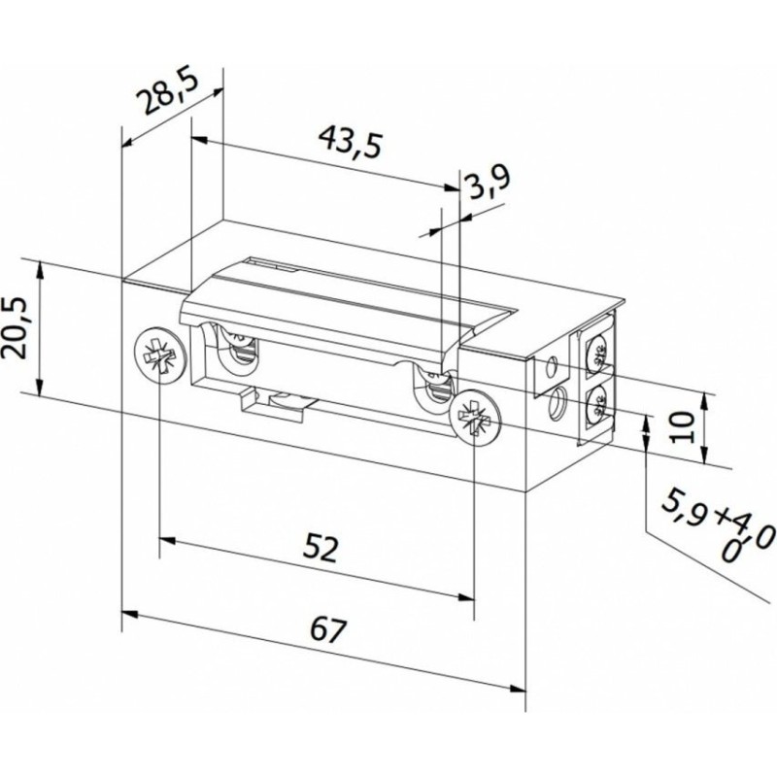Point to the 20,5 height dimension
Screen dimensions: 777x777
14,327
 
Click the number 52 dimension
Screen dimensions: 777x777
321,548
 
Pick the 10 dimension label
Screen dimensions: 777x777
682,426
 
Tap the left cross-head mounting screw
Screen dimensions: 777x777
160,354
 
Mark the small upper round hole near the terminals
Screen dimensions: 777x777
549,368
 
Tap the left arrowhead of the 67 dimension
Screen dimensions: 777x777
129,614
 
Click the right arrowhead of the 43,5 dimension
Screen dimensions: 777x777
452,187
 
